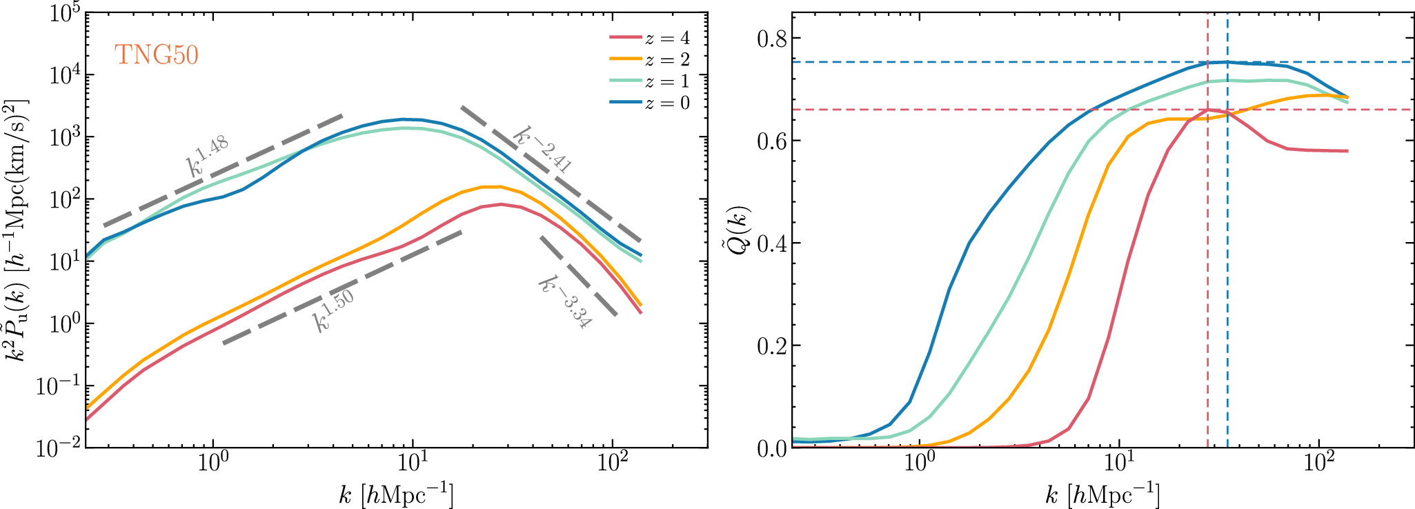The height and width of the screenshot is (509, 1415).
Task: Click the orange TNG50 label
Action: tap(157, 54)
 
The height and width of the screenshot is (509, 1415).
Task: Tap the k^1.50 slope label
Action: tap(334, 310)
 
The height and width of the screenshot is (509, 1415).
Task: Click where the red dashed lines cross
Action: tap(1207, 110)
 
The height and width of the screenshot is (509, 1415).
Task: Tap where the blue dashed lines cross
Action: tap(1227, 62)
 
